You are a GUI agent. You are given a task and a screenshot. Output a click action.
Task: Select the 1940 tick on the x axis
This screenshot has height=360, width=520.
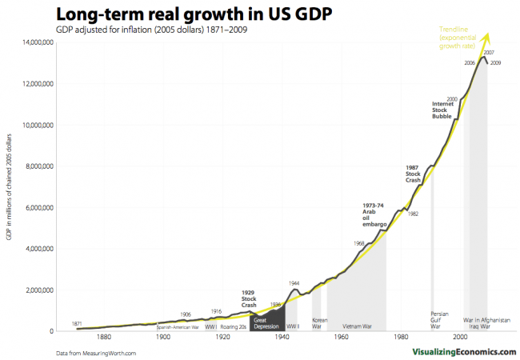pos(282,338)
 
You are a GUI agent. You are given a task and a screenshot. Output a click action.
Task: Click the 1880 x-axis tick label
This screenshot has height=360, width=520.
pos(103,338)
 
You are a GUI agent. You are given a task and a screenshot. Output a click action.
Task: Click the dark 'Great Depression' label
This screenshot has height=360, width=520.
pos(267,323)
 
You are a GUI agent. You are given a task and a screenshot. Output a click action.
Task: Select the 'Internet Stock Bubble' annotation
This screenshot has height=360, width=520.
pos(442,110)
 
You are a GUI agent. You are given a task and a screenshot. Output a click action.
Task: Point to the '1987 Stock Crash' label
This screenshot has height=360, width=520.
pos(414,173)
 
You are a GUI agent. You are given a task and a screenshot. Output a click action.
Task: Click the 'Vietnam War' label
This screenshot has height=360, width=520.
pos(357,326)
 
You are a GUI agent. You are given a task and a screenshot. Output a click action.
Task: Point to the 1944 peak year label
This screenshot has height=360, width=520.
pos(294,283)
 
